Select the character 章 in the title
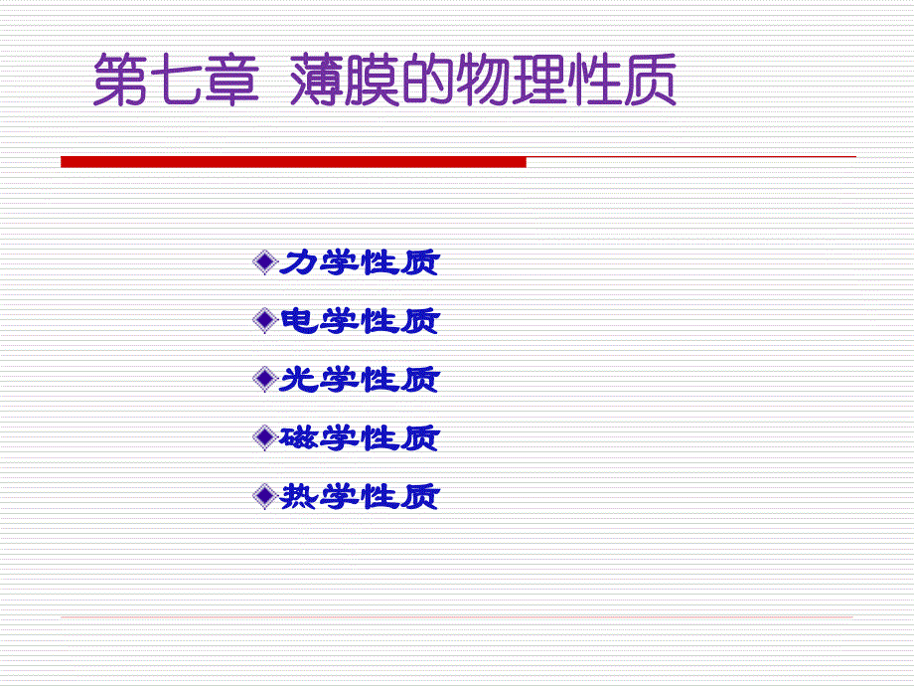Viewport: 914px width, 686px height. (x=232, y=80)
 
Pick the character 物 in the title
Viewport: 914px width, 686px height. (x=483, y=80)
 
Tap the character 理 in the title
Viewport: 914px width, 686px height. (x=538, y=80)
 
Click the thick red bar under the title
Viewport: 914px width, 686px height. (x=293, y=162)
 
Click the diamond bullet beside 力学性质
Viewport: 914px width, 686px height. (x=264, y=261)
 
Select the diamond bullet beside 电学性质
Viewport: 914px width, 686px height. (x=264, y=320)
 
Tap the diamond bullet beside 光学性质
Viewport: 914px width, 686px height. (x=264, y=379)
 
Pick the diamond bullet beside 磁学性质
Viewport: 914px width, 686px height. (x=264, y=437)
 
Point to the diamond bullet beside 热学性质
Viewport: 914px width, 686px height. (x=264, y=496)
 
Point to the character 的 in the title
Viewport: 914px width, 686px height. (x=427, y=80)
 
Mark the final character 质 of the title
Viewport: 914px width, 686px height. (x=650, y=80)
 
